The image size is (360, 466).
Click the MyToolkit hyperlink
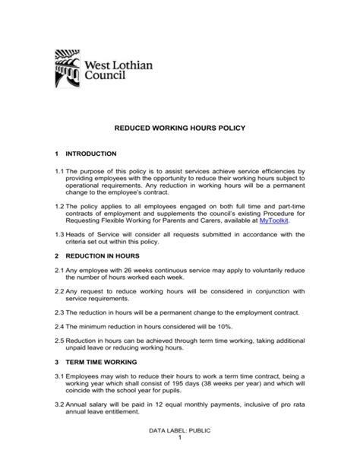pyautogui.click(x=274, y=220)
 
